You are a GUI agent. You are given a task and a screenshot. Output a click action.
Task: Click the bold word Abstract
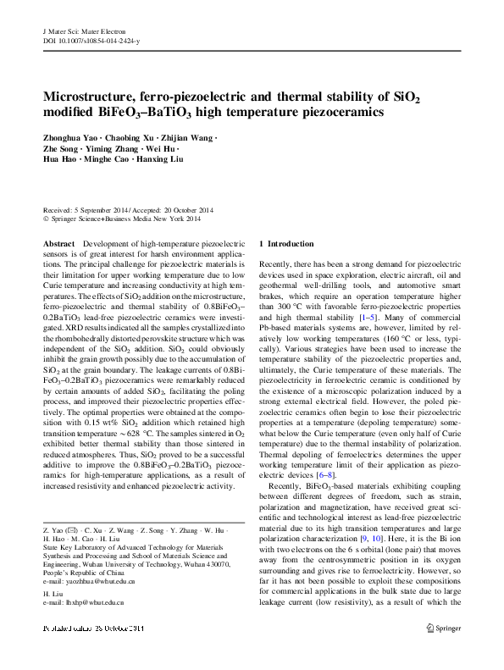(58, 243)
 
